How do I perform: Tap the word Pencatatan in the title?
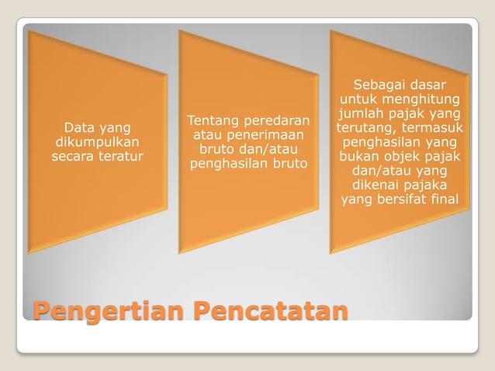268,312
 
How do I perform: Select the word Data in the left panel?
78,127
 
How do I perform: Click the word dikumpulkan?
97,142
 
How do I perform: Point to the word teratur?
121,157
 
